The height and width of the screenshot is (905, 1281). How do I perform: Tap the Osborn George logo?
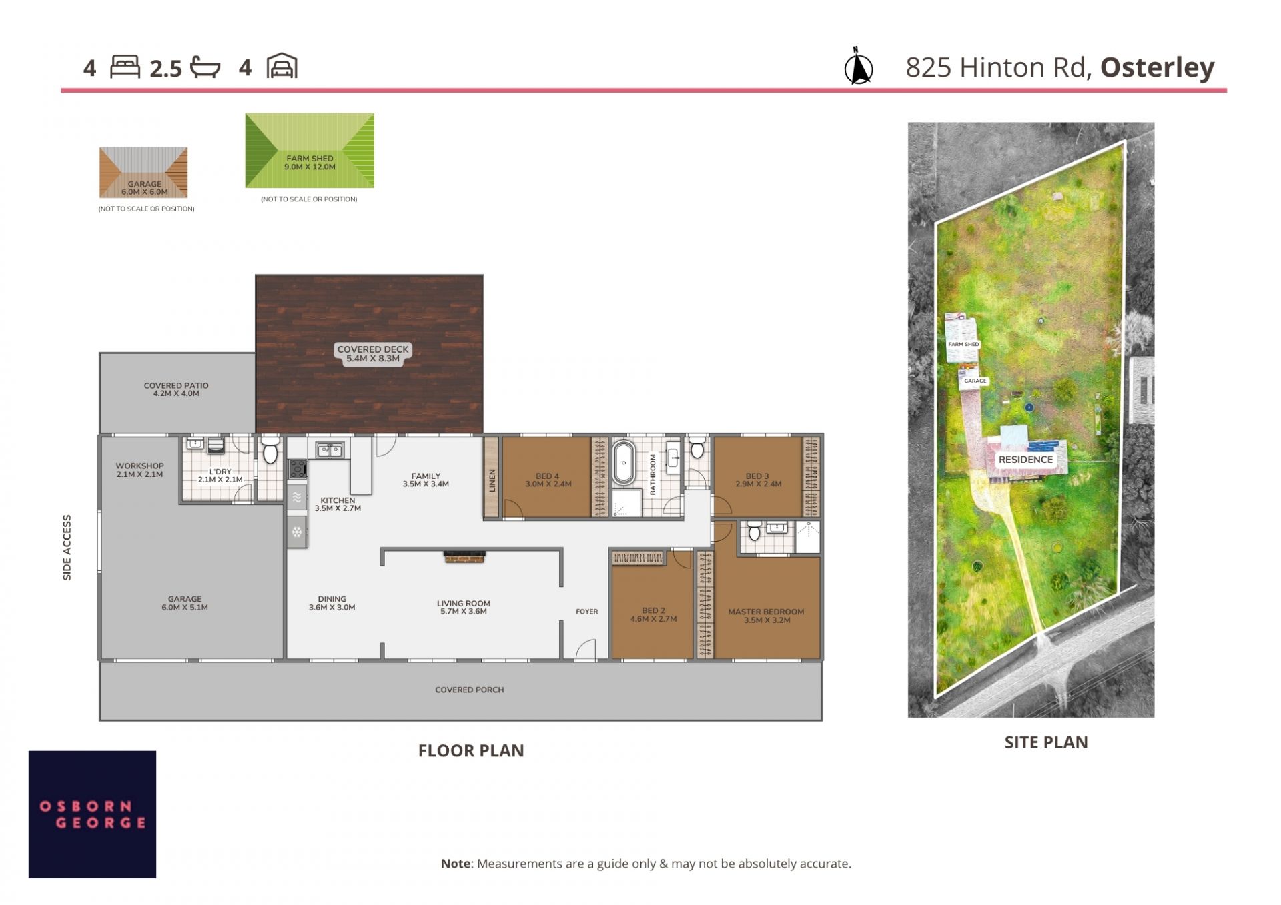coord(92,814)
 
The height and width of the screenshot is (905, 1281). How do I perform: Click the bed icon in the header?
coord(125,67)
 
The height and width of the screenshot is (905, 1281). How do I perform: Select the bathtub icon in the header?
coord(205,67)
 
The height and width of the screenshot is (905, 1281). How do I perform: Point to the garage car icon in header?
coord(282,66)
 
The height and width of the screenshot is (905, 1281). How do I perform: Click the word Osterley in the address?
coord(1157,67)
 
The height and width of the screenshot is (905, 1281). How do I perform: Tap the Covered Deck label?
coord(372,353)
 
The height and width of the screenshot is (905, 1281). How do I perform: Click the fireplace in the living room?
coord(464,557)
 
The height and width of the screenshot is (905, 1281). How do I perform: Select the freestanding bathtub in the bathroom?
coord(624,462)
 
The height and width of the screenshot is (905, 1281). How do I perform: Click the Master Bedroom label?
coord(766,616)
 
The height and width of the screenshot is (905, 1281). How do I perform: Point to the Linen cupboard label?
coord(492,480)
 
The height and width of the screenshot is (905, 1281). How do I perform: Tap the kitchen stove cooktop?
coord(298,469)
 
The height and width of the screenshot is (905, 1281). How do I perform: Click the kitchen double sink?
coord(330,450)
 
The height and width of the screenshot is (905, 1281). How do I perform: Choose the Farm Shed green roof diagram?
coord(310,151)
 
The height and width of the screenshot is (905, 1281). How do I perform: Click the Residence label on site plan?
coord(1025,460)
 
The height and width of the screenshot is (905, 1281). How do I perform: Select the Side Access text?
coord(67,547)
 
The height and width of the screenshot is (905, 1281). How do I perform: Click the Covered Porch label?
coord(469,690)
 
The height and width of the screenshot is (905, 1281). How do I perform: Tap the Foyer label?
coord(587,611)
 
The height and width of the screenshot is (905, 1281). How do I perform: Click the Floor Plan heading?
coord(471,751)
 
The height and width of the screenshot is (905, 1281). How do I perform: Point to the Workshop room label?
coord(139,470)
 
